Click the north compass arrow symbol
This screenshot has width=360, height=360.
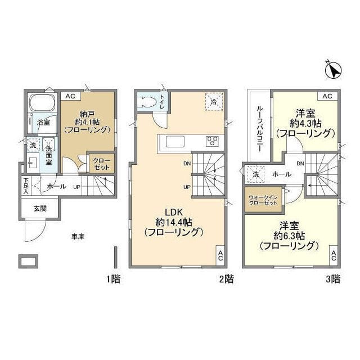point(334,71)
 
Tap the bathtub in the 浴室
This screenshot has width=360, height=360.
point(40,105)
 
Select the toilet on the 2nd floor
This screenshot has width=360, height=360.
point(148,103)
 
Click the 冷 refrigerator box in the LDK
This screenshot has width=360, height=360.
point(214,101)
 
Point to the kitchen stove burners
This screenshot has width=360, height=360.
point(213,141)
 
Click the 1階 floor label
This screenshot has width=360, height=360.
point(111,278)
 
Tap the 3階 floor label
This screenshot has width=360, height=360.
point(332,278)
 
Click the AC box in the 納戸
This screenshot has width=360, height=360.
point(70,96)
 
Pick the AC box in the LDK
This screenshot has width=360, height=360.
point(220,256)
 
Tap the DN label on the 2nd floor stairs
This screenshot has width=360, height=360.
point(186,164)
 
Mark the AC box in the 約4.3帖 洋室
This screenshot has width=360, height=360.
point(327,96)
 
